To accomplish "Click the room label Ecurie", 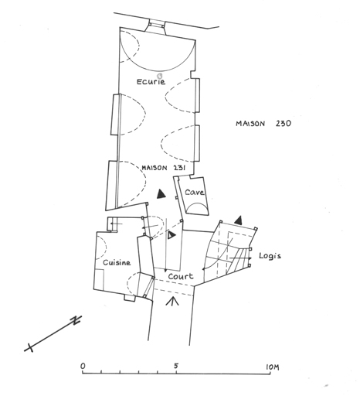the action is (151, 82).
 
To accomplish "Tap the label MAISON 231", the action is (164, 168).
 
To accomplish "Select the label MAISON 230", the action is (263, 124).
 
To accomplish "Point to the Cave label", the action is (195, 193).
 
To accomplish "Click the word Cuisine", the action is (117, 263).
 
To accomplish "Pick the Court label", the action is (181, 276).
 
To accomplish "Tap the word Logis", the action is (270, 256).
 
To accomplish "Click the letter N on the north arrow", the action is (76, 319).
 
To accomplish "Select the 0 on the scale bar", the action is (83, 366).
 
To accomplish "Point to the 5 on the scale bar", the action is (176, 366).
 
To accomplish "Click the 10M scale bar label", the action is (273, 367).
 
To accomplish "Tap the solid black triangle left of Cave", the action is (161, 194).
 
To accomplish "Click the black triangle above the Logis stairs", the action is (239, 220).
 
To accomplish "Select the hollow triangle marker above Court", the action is (172, 235).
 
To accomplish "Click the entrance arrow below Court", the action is (172, 301).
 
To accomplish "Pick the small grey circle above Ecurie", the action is (160, 76).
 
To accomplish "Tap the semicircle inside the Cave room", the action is (196, 207).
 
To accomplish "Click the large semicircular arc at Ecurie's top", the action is (157, 71).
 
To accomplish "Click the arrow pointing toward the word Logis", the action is (240, 258).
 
